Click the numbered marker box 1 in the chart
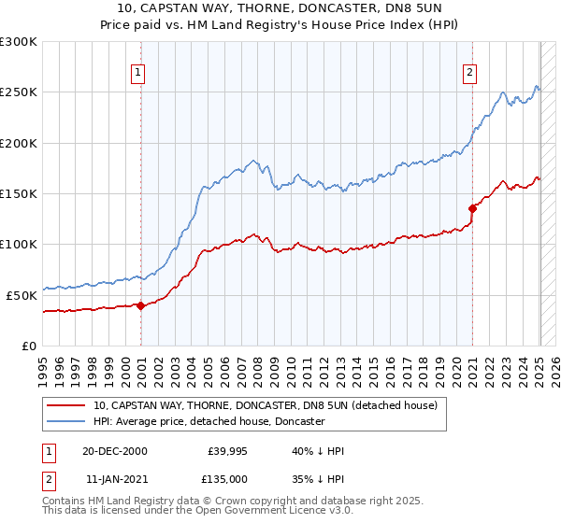137,72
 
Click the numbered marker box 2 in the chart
468,72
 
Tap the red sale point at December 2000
140,304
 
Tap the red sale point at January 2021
473,208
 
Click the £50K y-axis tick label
22,295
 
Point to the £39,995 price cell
226,451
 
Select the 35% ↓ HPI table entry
318,477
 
